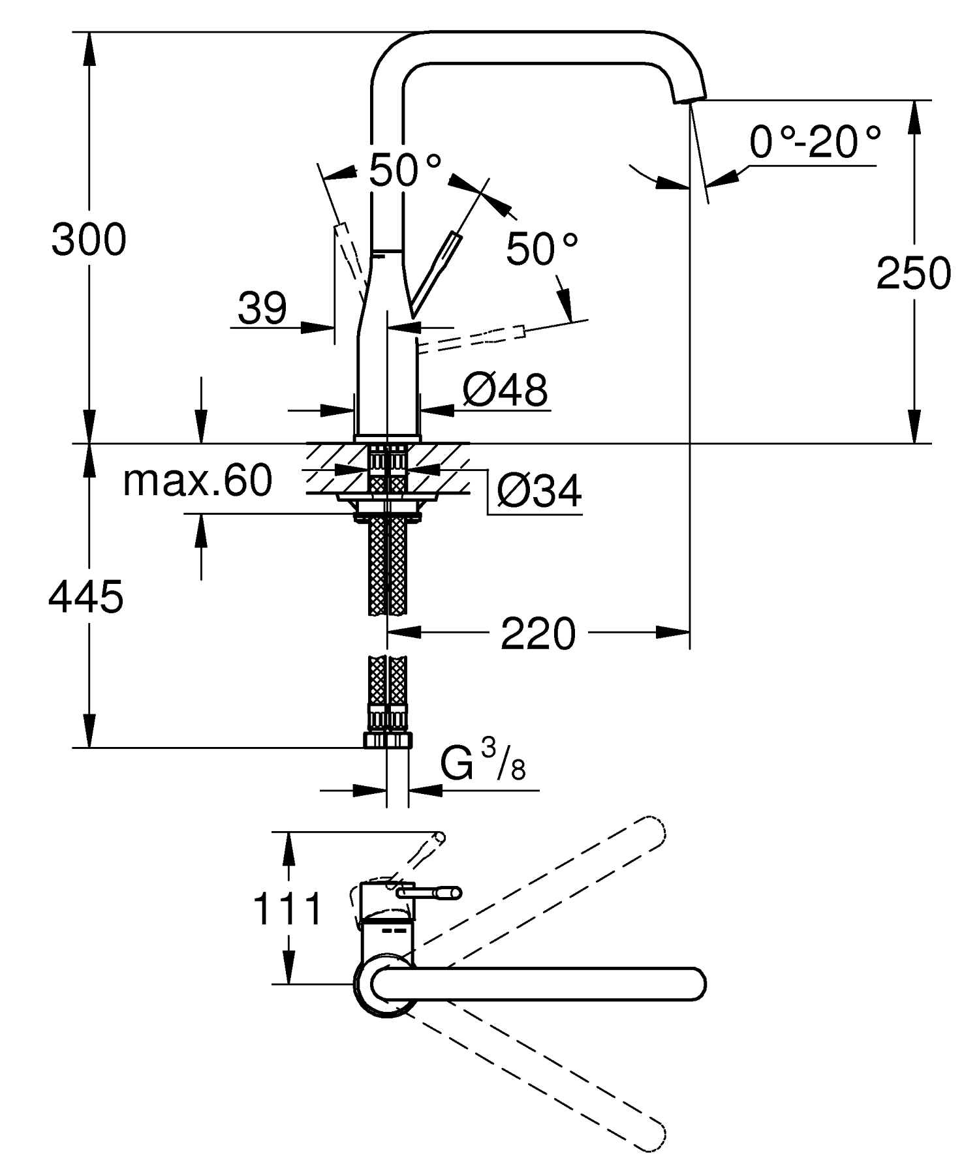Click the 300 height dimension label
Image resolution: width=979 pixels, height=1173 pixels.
pyautogui.click(x=89, y=239)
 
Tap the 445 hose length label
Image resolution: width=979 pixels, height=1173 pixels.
pyautogui.click(x=85, y=596)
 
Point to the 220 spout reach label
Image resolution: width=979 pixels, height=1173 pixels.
pyautogui.click(x=538, y=633)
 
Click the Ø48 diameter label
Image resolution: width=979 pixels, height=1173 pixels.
pyautogui.click(x=505, y=390)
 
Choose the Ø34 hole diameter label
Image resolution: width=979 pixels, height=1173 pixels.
pyautogui.click(x=539, y=491)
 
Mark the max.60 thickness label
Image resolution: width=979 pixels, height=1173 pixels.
pyautogui.click(x=198, y=481)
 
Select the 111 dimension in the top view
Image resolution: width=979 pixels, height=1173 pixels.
pyautogui.click(x=288, y=909)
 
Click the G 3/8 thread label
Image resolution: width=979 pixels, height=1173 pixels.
pyautogui.click(x=483, y=762)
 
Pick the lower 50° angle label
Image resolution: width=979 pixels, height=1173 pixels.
pyautogui.click(x=542, y=249)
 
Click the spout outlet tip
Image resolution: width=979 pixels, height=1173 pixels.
pyautogui.click(x=689, y=98)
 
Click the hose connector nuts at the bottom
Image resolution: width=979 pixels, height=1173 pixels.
pyautogui.click(x=388, y=740)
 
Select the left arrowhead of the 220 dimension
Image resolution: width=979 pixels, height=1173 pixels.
pyautogui.click(x=405, y=632)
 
